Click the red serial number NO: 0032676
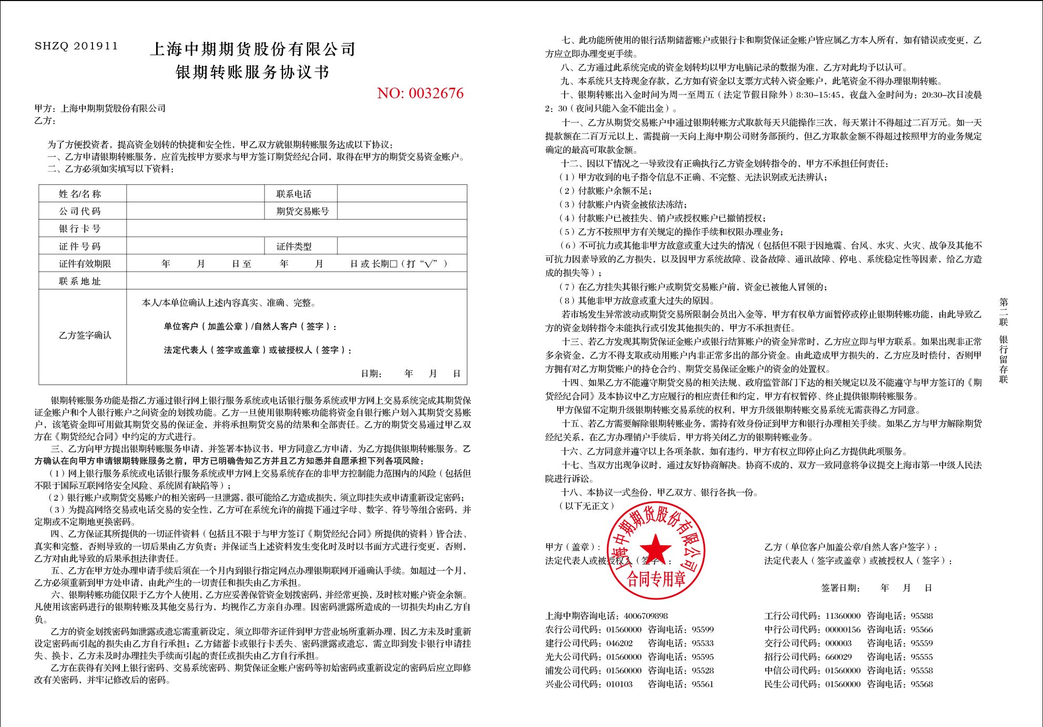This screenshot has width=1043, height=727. (x=420, y=94)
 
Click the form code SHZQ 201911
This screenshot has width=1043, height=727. (x=76, y=46)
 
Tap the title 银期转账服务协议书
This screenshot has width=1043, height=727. (x=252, y=72)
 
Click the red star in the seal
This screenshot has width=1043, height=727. (x=655, y=548)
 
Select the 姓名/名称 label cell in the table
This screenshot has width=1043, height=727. (x=80, y=194)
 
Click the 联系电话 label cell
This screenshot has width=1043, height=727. (x=294, y=194)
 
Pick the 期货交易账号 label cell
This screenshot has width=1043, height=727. (x=302, y=211)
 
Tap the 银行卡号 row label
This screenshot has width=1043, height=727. (x=80, y=229)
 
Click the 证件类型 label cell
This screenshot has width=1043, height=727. (x=294, y=246)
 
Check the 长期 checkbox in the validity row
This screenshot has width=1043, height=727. (x=393, y=264)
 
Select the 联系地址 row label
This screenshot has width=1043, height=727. (x=80, y=281)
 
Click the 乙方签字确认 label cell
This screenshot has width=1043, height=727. (x=85, y=335)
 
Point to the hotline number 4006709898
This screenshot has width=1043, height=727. (x=646, y=616)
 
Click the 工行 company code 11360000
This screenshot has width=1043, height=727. (x=843, y=616)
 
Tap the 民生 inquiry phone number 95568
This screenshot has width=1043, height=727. (x=922, y=684)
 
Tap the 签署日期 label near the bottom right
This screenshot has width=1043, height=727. (x=841, y=588)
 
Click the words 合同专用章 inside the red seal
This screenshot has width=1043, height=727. (x=656, y=579)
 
